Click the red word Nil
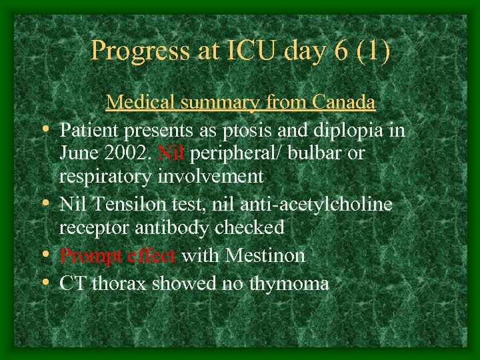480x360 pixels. click(172, 153)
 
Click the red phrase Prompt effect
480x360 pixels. click(118, 255)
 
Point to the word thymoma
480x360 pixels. click(289, 283)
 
